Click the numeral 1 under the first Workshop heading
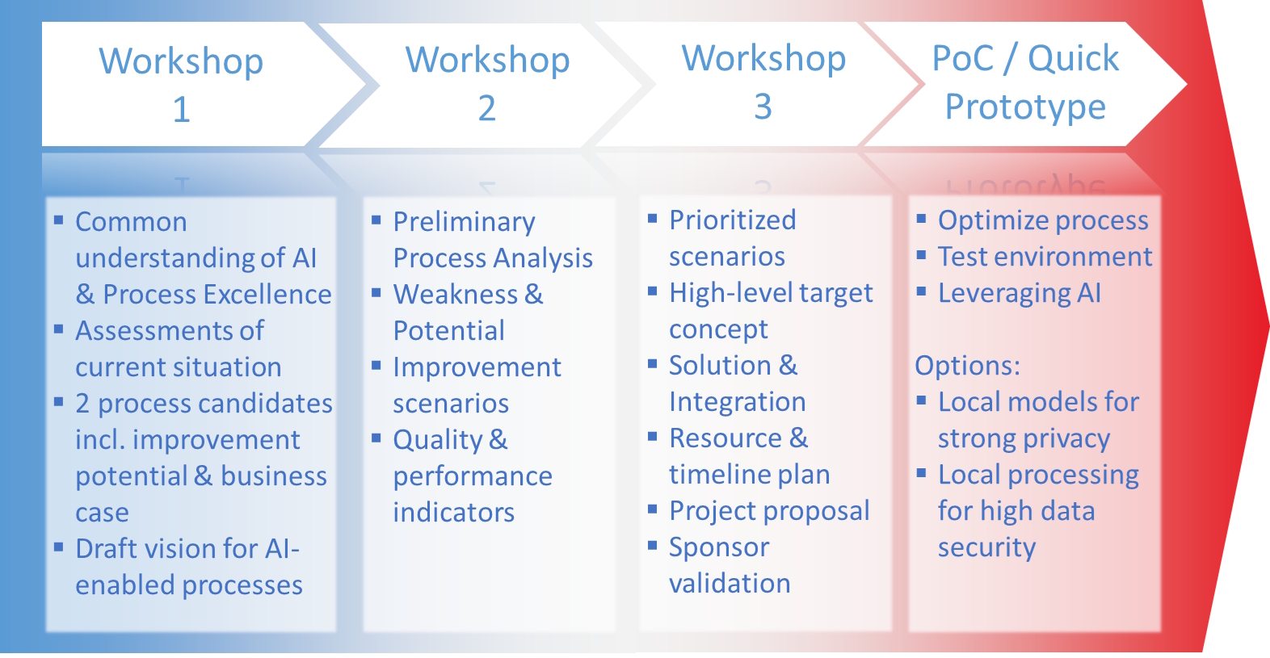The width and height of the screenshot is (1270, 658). [x=182, y=109]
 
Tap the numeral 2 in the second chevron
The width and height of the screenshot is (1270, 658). [x=487, y=108]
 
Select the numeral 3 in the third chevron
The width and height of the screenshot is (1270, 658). [x=763, y=107]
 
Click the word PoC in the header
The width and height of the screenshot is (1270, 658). [x=963, y=58]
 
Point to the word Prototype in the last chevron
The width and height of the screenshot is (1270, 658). [x=1026, y=107]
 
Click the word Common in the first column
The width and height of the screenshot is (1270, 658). [x=131, y=221]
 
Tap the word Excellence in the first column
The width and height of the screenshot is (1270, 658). [x=268, y=294]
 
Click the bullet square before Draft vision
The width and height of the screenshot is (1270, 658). [x=58, y=547]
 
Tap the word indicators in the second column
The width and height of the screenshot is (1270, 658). [x=453, y=513]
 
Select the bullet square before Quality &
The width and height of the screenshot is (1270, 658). [x=376, y=438]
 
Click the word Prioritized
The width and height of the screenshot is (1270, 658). [x=733, y=220]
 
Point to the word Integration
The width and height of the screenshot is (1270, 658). [x=737, y=403]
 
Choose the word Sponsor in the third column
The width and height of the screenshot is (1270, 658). [x=719, y=548]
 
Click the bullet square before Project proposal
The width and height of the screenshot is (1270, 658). [x=652, y=509]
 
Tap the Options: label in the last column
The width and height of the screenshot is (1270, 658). [x=967, y=366]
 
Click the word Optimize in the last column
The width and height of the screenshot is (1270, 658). [x=991, y=221]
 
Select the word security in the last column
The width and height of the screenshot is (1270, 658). [x=986, y=548]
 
